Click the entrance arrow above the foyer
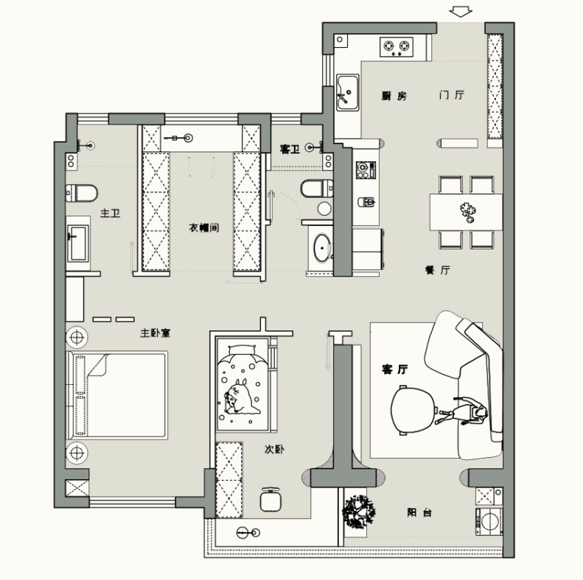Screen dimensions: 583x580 [x=461, y=12]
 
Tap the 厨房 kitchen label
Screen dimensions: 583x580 [x=394, y=96]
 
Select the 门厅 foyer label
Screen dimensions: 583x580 [x=451, y=95]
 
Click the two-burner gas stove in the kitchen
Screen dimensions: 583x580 [x=397, y=47]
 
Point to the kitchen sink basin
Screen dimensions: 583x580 [x=348, y=92]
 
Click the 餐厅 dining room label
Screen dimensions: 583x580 [x=438, y=270]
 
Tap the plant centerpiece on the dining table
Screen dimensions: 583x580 [x=467, y=213]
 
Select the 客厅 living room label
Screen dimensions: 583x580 [x=394, y=369]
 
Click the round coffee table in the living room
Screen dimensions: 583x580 [x=413, y=410]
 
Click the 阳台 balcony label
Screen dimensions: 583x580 [x=419, y=513]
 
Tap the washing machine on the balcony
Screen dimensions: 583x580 [x=489, y=521]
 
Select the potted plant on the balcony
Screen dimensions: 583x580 [x=358, y=512]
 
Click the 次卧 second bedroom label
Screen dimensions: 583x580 [x=274, y=449]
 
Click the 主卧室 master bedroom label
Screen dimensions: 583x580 [x=155, y=333]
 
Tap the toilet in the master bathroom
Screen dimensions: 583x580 [x=82, y=193]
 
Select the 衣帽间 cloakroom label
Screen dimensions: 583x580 [x=203, y=227]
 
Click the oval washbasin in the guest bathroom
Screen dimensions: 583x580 [x=322, y=247]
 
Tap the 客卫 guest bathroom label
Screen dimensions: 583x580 [x=290, y=149]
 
